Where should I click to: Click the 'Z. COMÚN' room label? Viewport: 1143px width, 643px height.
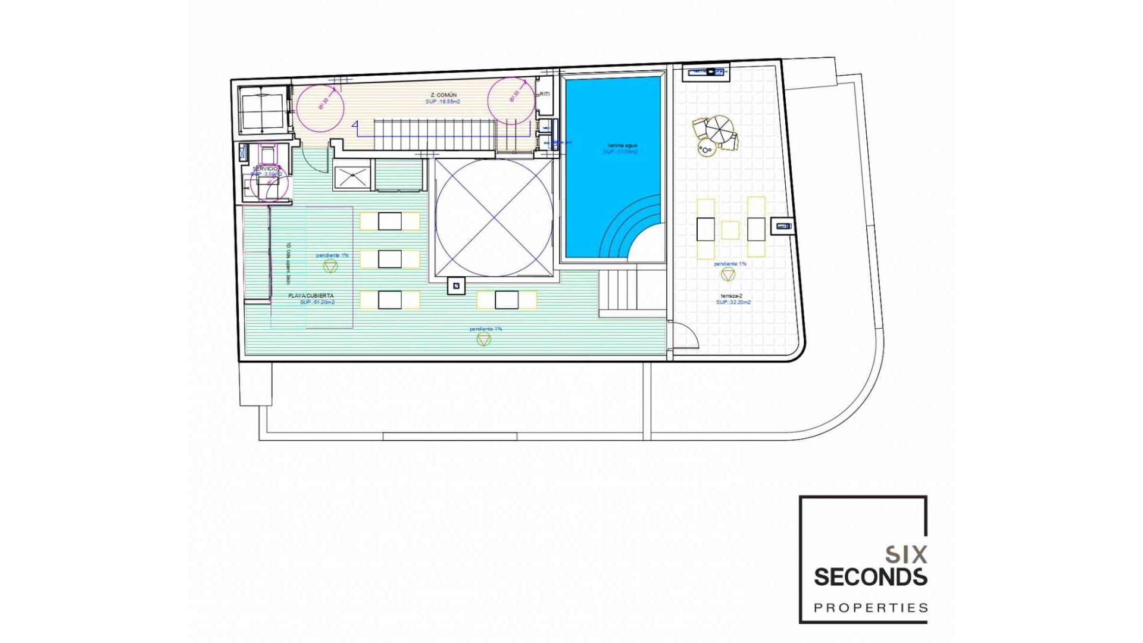point(444,95)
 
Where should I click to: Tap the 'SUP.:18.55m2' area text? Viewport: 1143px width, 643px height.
point(442,102)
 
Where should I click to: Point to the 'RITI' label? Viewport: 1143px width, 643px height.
point(545,94)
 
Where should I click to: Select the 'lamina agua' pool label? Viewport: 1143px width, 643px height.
point(622,145)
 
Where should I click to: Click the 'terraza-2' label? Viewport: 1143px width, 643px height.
point(732,296)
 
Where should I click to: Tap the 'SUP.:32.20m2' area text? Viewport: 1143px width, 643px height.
point(733,302)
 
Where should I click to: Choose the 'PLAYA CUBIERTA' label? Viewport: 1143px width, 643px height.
point(311,296)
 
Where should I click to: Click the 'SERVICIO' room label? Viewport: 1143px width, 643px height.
point(265,169)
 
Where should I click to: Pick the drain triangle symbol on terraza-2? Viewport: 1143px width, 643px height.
point(728,274)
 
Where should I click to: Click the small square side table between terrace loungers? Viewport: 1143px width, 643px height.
point(730,230)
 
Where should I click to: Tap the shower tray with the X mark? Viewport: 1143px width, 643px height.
point(352,177)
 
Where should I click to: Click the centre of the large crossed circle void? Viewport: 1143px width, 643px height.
point(494,217)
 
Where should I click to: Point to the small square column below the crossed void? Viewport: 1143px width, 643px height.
point(457,286)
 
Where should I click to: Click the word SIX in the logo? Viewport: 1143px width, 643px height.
point(906,555)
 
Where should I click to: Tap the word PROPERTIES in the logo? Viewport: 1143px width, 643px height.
point(871,608)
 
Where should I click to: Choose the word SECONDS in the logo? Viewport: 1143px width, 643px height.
point(870,577)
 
